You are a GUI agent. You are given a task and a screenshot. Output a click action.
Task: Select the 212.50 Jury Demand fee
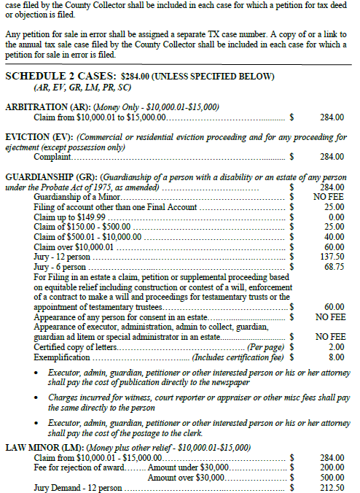tap(334, 487)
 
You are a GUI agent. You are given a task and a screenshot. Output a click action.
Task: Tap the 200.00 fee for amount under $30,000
tap(334, 467)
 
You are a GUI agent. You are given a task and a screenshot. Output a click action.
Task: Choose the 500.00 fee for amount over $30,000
tap(334, 477)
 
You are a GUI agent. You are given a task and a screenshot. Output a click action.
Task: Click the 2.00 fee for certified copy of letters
tap(337, 347)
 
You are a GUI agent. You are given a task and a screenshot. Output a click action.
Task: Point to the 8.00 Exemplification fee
tap(337, 357)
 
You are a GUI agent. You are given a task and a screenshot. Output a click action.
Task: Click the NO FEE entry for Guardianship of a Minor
tap(330, 196)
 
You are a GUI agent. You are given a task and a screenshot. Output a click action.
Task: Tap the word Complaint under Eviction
tap(52, 156)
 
